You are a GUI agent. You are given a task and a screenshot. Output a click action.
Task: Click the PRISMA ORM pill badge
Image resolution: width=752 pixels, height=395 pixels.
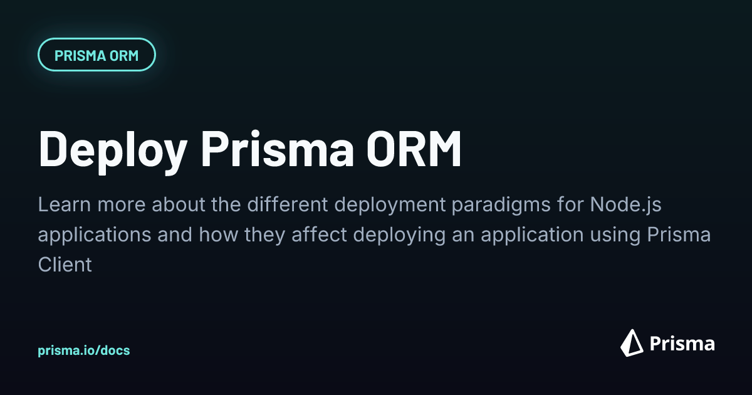(x=97, y=55)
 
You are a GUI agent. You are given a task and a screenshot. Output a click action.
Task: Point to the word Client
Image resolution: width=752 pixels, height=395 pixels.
(x=65, y=265)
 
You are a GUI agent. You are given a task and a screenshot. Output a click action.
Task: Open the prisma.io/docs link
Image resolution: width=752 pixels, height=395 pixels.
(x=84, y=350)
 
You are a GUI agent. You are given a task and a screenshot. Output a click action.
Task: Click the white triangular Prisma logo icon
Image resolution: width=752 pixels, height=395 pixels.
(x=632, y=342)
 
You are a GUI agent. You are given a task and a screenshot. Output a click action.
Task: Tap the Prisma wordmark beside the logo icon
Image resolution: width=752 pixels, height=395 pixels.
(x=682, y=344)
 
